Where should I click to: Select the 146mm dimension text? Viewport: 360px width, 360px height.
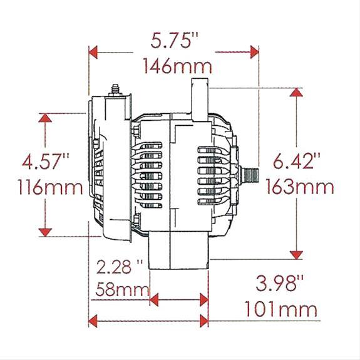click(x=177, y=65)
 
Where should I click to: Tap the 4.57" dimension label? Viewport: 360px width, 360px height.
click(x=44, y=162)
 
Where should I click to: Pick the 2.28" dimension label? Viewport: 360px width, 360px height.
click(x=120, y=267)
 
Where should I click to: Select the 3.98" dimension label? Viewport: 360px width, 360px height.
click(x=279, y=284)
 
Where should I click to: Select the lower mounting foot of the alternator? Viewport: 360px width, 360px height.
click(x=178, y=250)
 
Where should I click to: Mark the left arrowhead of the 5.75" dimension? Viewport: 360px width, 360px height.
click(x=94, y=52)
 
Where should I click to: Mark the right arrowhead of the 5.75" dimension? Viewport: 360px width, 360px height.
click(x=254, y=52)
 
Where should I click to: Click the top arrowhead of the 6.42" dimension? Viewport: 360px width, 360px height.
click(x=297, y=93)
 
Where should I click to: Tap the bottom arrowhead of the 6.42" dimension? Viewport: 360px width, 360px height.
click(x=297, y=254)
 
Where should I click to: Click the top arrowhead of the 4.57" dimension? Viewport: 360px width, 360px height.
click(x=45, y=118)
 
